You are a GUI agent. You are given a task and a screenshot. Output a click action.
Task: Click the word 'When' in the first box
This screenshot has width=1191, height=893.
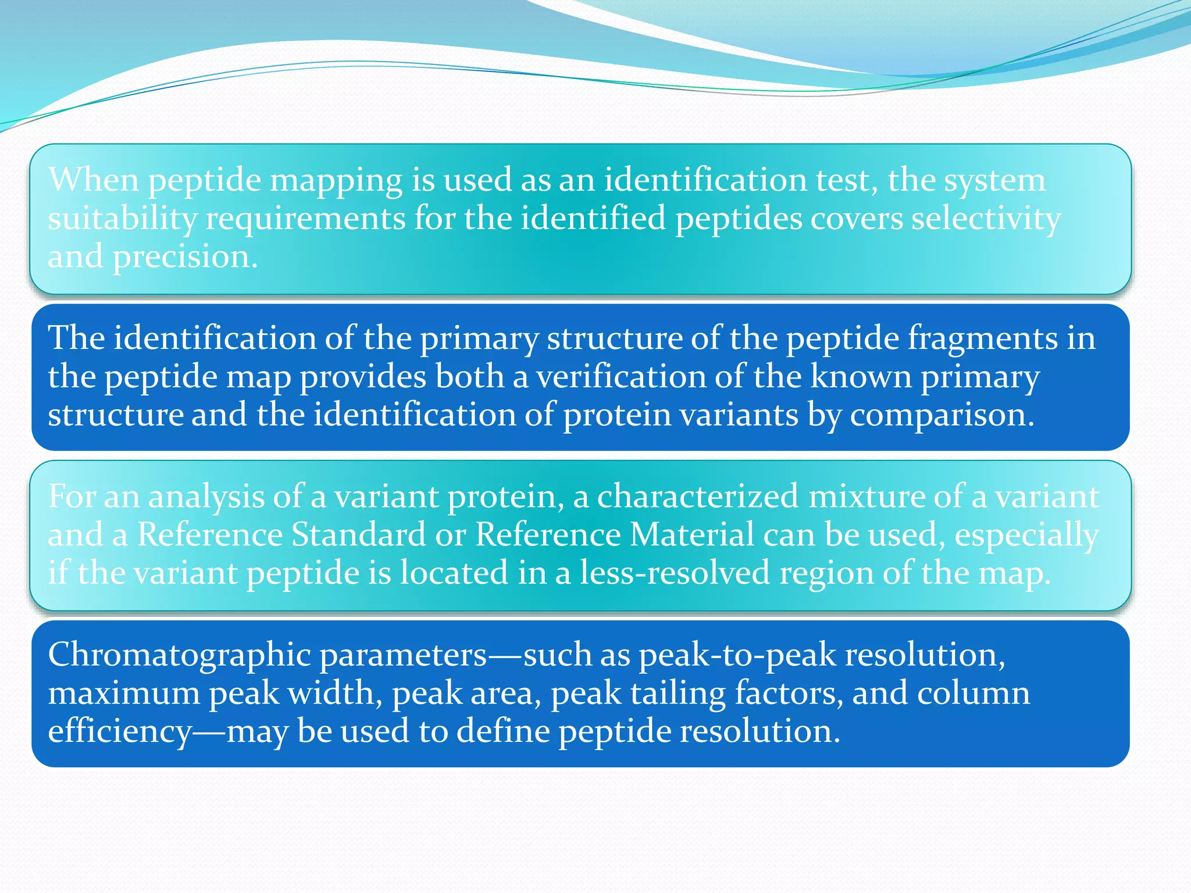tap(93, 180)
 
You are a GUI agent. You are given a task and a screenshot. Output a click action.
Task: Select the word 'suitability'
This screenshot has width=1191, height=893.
tap(122, 219)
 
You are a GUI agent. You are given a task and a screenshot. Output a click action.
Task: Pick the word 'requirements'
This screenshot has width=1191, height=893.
tap(305, 219)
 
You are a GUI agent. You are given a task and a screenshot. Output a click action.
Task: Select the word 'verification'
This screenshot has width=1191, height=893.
tap(620, 377)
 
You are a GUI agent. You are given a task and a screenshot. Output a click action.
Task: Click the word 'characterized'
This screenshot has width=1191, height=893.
tap(697, 497)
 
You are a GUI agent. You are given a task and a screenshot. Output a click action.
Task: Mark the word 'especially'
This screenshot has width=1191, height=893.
tap(1026, 535)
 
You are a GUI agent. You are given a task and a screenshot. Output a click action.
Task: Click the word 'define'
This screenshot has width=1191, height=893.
tap(503, 731)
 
